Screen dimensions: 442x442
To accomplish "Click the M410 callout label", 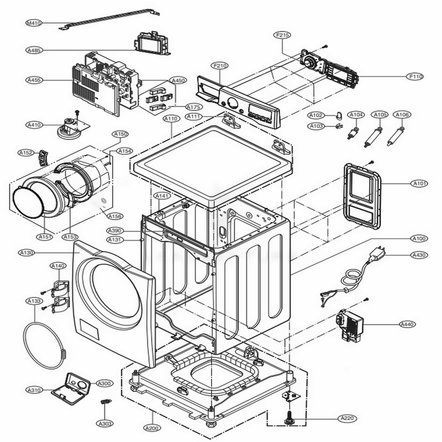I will [x=34, y=23].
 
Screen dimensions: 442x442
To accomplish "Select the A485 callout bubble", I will [x=34, y=50].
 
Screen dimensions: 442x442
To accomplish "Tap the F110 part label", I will [x=416, y=76].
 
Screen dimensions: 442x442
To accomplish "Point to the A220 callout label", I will [x=348, y=418].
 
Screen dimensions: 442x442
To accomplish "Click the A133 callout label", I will [x=34, y=301].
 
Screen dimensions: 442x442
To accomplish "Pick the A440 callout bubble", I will [x=407, y=324].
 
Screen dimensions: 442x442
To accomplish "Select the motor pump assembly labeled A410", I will [x=71, y=126].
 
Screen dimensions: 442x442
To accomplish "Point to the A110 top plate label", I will [x=171, y=119].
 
